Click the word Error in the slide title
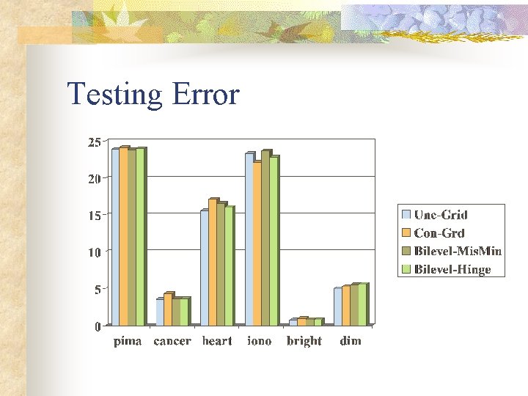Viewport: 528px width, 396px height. pos(205,95)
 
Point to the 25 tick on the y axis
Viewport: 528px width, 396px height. pos(95,142)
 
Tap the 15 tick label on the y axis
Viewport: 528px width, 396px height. pos(95,216)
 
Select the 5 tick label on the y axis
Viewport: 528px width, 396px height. pos(98,290)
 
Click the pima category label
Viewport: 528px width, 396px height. pos(128,341)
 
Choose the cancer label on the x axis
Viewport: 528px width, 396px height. pos(172,341)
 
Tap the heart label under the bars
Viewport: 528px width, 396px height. pos(217,341)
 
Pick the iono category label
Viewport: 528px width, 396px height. pos(260,341)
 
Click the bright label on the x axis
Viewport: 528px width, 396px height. pos(304,341)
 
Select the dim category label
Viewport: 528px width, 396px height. pos(351,341)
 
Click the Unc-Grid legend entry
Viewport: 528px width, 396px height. pos(440,215)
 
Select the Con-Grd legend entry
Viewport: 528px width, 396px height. pos(439,233)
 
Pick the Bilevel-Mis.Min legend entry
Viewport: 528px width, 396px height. pos(457,251)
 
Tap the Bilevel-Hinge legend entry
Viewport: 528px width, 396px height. pos(452,269)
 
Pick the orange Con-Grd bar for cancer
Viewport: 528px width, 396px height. pos(168,309)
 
